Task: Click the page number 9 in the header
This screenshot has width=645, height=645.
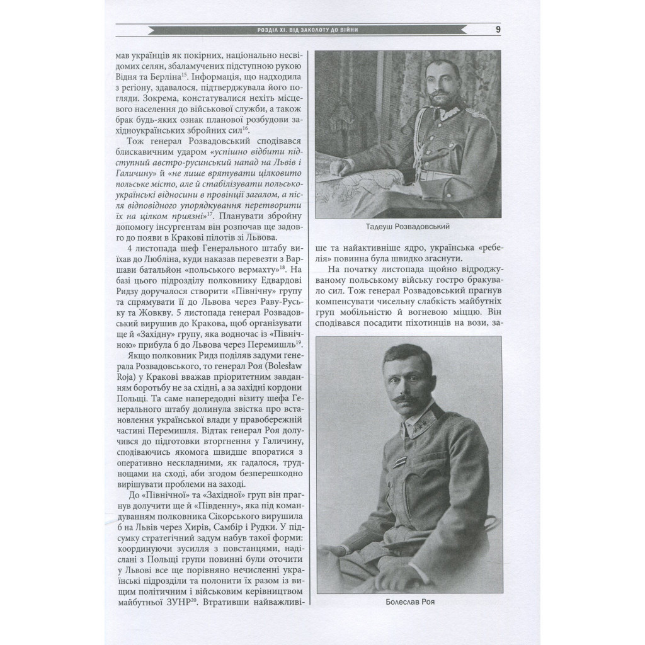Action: coord(498,29)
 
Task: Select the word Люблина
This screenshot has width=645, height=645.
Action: coord(180,257)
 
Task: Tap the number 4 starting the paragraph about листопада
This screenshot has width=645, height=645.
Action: coord(129,246)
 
